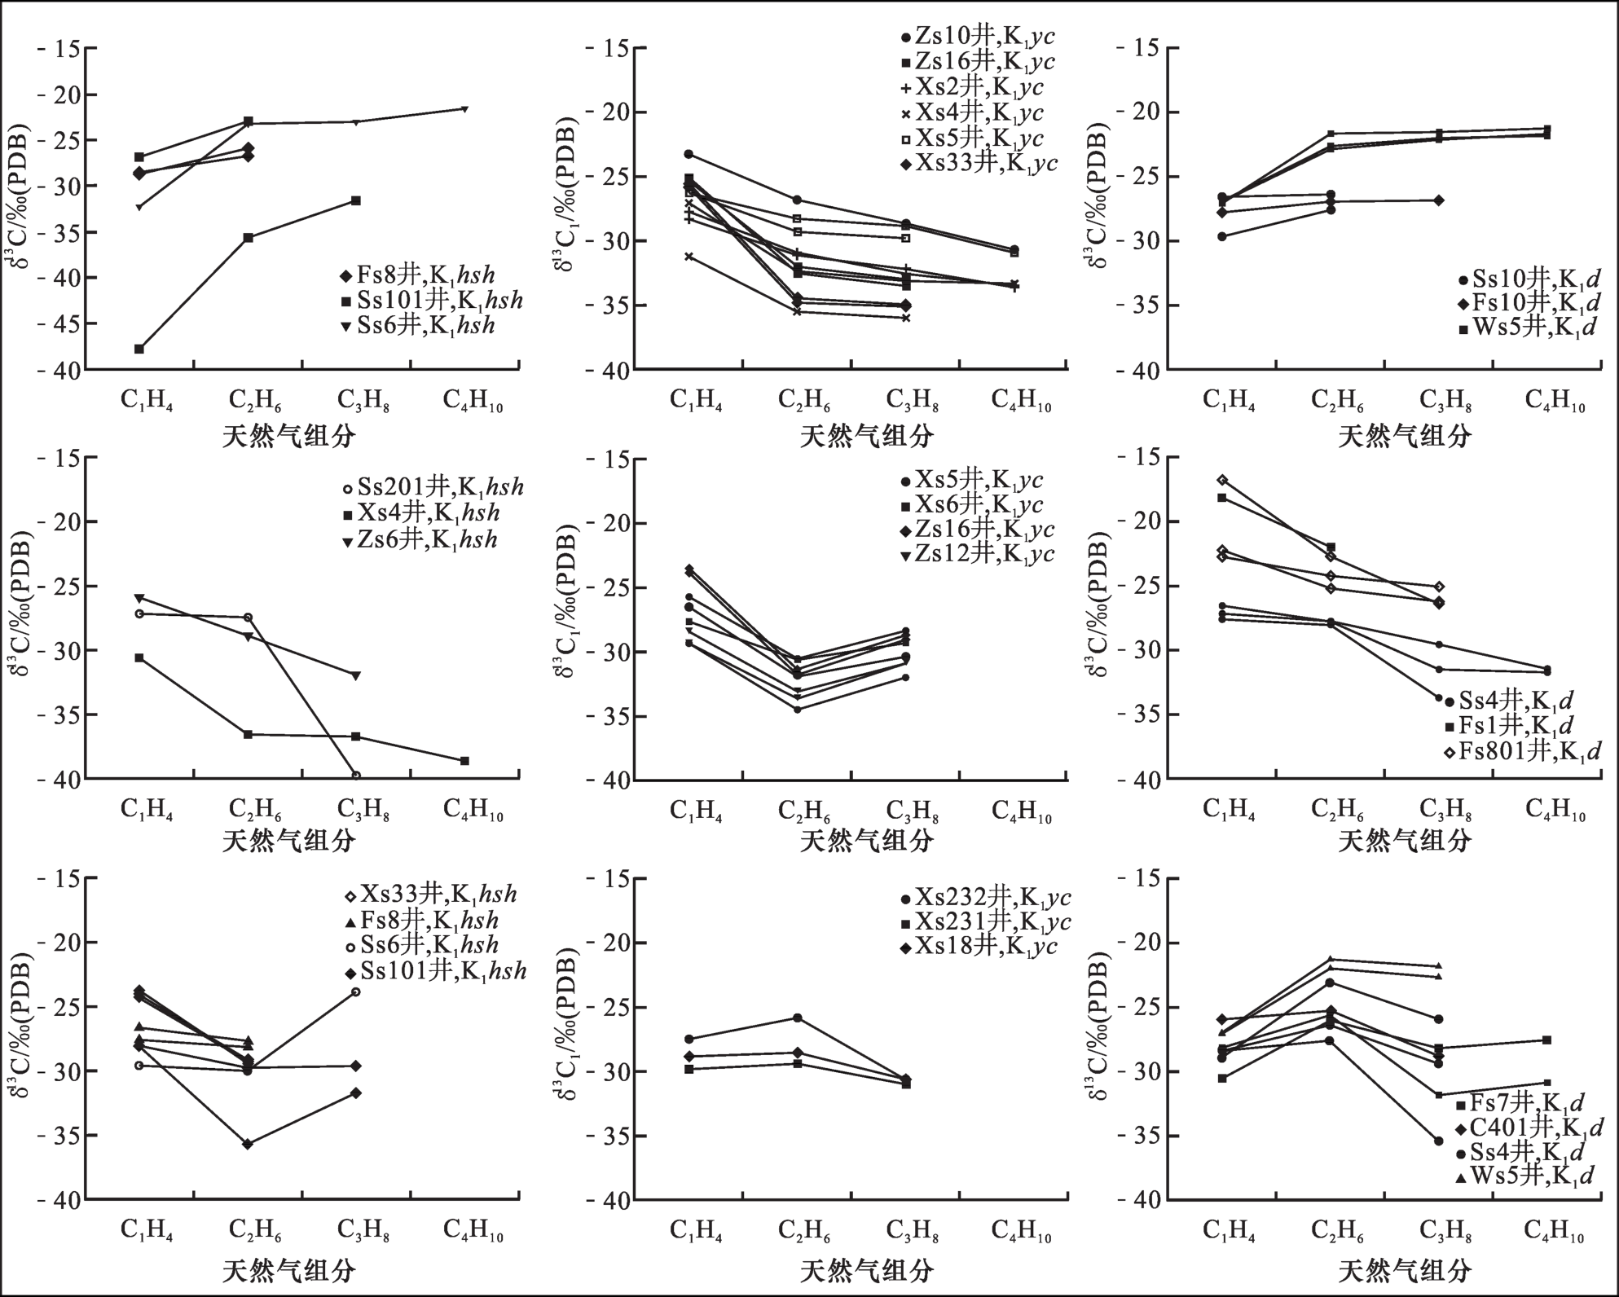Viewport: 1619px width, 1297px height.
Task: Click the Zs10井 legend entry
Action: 978,37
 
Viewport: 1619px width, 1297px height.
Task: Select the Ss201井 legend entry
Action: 432,488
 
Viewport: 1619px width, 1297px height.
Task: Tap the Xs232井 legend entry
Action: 985,899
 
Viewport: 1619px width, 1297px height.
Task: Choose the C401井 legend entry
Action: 1529,1128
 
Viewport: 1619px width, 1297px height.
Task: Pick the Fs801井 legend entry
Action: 1524,751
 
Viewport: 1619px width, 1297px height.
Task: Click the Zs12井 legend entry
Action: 977,555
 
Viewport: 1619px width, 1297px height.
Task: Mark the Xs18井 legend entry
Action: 978,947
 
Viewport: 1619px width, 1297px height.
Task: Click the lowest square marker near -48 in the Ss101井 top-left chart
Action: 139,349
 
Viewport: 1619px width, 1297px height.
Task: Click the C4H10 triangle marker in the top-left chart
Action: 464,108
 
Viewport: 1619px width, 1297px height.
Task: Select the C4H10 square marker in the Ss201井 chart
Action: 464,761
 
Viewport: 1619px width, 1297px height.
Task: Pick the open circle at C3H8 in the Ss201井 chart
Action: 356,776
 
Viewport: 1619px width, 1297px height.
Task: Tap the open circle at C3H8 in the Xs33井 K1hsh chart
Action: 356,991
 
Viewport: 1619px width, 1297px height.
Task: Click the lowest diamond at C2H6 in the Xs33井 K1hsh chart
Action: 248,1144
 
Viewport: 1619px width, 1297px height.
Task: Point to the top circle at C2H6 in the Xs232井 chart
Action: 797,1018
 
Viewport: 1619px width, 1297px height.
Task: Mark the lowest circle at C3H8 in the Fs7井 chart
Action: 1439,1141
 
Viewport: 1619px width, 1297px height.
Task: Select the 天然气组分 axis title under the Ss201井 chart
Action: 289,840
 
